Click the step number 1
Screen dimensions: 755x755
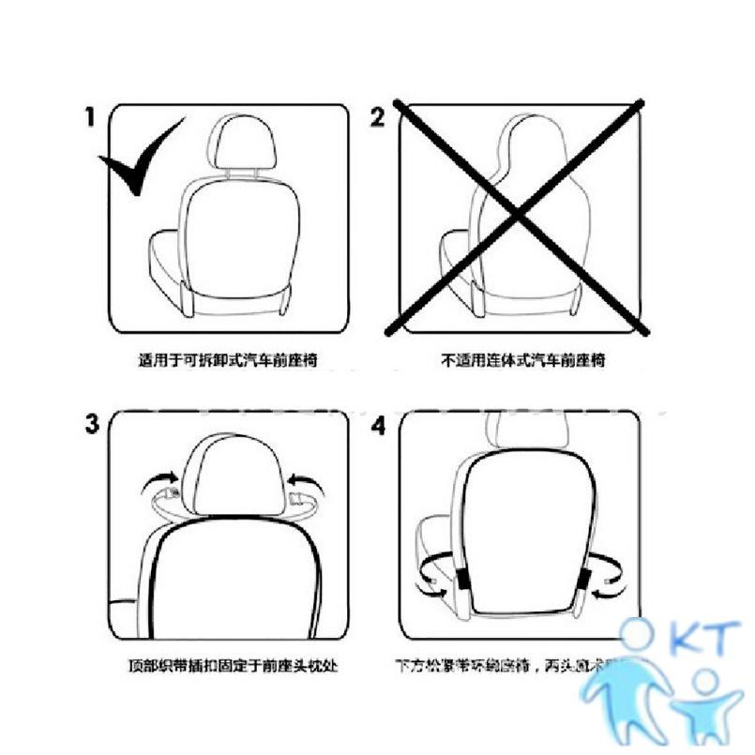click(x=91, y=117)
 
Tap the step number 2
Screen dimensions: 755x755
click(x=378, y=117)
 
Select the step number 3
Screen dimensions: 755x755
click(x=92, y=424)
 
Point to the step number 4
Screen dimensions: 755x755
click(x=378, y=425)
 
